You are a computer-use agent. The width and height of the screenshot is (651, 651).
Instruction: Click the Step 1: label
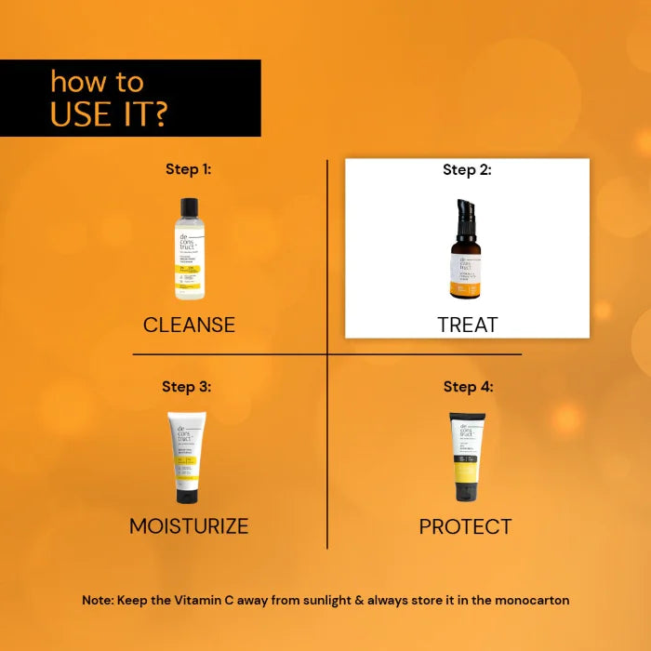click(189, 169)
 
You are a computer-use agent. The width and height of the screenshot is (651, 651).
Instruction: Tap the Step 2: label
click(467, 169)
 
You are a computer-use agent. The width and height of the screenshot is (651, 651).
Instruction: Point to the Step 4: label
click(468, 387)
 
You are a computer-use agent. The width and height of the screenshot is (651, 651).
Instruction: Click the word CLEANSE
click(189, 325)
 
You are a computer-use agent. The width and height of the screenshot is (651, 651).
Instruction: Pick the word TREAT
click(468, 325)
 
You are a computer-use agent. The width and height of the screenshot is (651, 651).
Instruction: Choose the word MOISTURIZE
click(189, 526)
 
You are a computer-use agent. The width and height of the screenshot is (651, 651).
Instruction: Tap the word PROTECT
click(465, 526)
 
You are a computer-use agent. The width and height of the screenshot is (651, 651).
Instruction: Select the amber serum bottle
click(466, 260)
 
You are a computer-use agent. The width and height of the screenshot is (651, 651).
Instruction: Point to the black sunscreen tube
click(466, 456)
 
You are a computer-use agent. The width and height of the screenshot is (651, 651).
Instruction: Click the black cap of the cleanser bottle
click(190, 207)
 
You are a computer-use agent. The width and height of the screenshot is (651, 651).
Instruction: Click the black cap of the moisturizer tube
click(188, 496)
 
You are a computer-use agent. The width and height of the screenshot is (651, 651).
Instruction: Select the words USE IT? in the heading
click(109, 113)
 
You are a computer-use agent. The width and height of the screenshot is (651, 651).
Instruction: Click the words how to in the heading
click(97, 81)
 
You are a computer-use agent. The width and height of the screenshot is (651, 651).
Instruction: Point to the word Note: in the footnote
click(98, 601)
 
